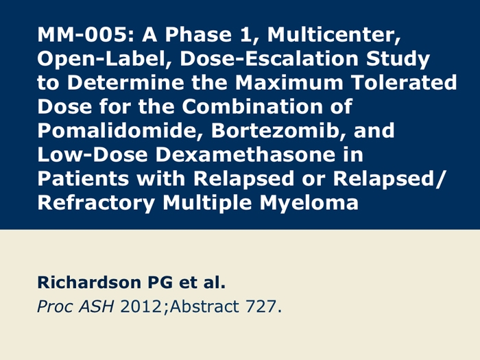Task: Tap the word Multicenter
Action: (334, 35)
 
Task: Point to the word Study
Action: (398, 60)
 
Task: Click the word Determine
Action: (125, 83)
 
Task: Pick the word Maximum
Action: (289, 83)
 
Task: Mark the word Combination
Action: (252, 106)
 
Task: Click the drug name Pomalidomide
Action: (120, 131)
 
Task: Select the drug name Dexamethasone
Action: (245, 154)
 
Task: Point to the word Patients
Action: (83, 178)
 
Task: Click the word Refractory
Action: (96, 204)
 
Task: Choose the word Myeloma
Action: (309, 204)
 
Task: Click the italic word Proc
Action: (55, 307)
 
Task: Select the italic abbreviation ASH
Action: (97, 307)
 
